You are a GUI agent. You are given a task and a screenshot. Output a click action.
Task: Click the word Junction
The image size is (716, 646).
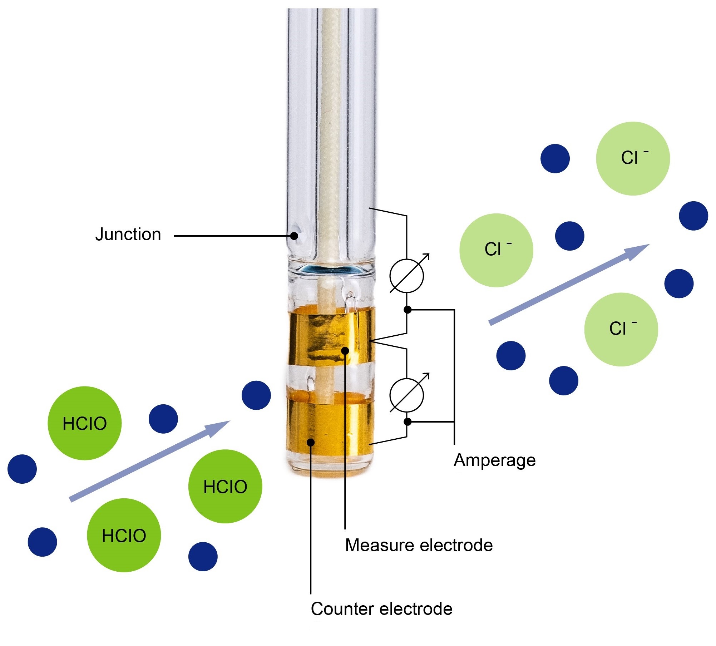[x=128, y=235]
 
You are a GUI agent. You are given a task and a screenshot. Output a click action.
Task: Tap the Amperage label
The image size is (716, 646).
[x=494, y=460]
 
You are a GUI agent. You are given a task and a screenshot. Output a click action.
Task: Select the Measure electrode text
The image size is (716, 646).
[x=419, y=545]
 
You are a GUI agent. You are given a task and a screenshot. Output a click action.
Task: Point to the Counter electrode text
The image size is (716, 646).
[x=381, y=609]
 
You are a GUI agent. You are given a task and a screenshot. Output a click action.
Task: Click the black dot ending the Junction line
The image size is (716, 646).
[x=294, y=236]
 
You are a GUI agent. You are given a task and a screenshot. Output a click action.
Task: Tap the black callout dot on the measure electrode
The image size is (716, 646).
[x=345, y=350]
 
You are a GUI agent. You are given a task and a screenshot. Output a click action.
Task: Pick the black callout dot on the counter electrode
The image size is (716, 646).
[x=311, y=442]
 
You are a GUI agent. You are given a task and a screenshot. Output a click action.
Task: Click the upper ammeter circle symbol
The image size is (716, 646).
[x=406, y=276]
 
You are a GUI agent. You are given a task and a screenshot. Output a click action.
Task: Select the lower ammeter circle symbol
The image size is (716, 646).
[x=406, y=395]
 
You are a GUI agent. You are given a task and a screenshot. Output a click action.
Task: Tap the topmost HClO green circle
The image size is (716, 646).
[x=85, y=423]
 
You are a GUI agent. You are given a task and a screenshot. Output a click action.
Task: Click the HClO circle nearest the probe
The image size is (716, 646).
[x=225, y=486]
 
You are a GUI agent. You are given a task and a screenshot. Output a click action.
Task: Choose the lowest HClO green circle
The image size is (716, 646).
[x=124, y=535]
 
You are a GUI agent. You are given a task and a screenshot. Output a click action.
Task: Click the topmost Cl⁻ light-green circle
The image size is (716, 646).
[x=633, y=158]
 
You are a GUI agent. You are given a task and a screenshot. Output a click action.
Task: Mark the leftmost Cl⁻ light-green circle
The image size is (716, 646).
[x=496, y=250]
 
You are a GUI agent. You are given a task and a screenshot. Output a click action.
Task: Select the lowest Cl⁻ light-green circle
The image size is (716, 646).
[x=621, y=329]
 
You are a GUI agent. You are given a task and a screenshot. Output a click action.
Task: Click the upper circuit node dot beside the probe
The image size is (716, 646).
[x=407, y=310]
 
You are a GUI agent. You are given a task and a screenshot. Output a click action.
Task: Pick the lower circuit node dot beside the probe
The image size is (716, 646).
[x=407, y=422]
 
